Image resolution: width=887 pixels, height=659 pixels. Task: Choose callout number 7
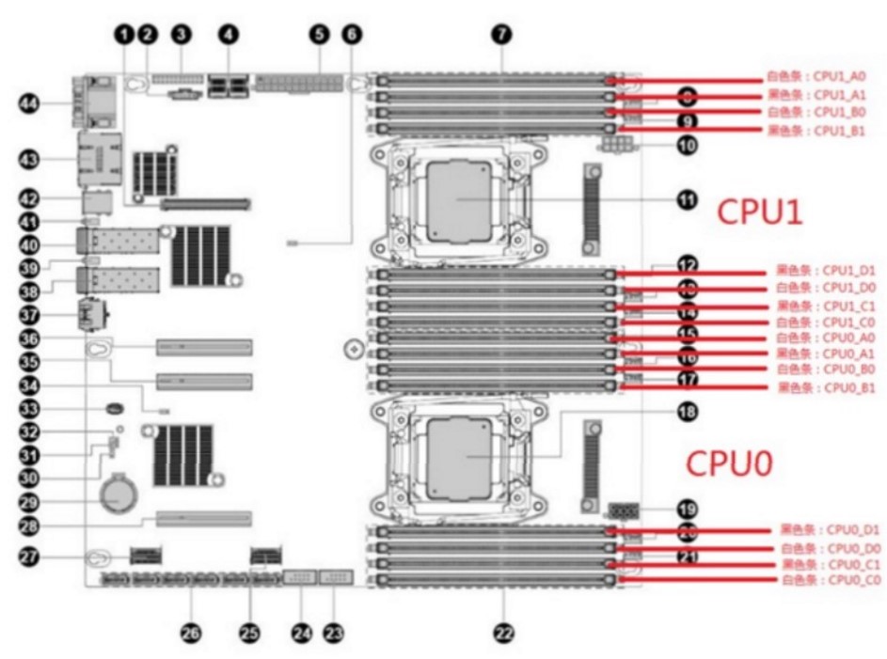[x=501, y=34]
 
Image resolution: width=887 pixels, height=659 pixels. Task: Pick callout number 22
[x=505, y=633]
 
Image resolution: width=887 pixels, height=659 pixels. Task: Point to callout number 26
[x=191, y=633]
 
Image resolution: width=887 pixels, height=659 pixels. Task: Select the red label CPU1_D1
[x=827, y=271]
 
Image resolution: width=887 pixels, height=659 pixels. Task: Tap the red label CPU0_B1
[x=827, y=387]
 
